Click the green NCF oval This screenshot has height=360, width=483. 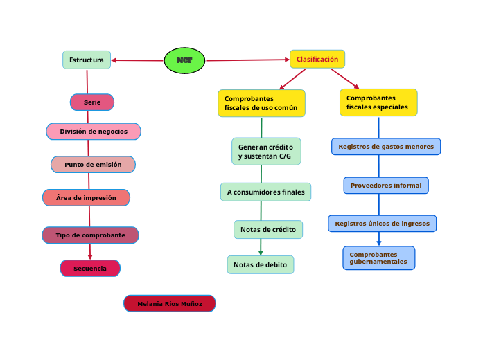[x=184, y=60]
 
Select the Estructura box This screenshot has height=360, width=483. [x=87, y=60]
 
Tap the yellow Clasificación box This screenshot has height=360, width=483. [x=317, y=60]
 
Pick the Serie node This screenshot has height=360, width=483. [x=92, y=102]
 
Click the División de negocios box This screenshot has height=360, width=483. [x=94, y=132]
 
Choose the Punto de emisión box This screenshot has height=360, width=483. [x=93, y=165]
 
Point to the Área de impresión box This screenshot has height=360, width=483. [x=86, y=198]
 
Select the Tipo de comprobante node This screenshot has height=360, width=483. [x=90, y=235]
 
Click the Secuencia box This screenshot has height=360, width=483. [x=90, y=268]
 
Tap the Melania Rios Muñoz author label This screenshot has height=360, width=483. [x=170, y=304]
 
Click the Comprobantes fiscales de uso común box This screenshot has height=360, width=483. [x=261, y=103]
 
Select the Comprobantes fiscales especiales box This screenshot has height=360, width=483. [x=378, y=102]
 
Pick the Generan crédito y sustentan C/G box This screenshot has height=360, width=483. [x=266, y=152]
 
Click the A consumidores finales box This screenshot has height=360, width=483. [x=266, y=192]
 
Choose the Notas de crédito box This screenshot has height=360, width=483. [x=268, y=229]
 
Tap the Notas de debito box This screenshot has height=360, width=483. [x=261, y=264]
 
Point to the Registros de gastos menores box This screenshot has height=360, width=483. [x=387, y=147]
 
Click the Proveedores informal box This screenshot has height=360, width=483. [x=386, y=186]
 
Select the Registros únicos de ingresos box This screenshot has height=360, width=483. [x=382, y=224]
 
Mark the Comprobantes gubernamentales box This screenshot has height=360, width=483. [x=379, y=258]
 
